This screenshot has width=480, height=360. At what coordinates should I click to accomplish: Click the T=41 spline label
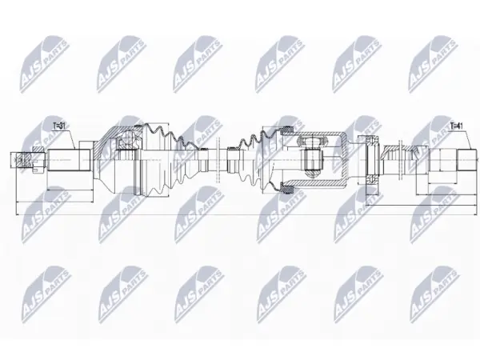point(458,126)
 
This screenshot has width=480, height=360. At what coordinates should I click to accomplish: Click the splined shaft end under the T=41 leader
point(466,160)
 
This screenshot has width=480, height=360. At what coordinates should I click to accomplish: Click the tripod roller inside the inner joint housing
point(313,160)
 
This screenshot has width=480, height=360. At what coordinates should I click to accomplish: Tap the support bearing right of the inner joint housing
point(372,160)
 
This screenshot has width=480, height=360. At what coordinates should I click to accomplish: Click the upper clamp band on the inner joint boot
point(288,130)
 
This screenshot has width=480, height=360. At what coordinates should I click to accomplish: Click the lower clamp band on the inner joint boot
point(288,190)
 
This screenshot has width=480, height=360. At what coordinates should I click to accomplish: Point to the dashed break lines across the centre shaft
point(218,160)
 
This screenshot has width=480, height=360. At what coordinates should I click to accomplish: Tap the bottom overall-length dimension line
point(246,214)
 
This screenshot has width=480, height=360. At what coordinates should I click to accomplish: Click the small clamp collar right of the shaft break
point(232,159)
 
